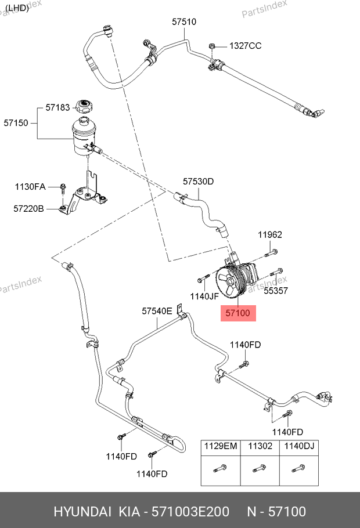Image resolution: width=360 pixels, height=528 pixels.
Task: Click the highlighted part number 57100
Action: [x=237, y=313]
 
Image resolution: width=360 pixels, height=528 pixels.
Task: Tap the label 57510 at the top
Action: [x=184, y=22]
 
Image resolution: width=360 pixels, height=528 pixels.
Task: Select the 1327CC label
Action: [x=245, y=46]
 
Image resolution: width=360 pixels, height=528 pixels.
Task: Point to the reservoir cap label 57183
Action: [x=57, y=108]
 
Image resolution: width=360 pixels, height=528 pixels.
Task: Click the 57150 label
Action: [x=16, y=123]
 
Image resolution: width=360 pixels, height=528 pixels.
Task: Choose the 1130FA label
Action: [x=30, y=187]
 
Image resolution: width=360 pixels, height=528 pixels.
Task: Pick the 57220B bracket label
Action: [x=29, y=208]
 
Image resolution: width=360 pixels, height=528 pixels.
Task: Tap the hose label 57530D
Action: [x=199, y=182]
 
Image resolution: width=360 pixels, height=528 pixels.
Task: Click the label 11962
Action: [x=270, y=235]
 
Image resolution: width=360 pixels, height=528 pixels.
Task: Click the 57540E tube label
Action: [x=157, y=311]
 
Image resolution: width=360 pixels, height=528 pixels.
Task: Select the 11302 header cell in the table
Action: [x=260, y=446]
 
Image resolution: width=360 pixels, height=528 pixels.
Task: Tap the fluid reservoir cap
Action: [x=85, y=107]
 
